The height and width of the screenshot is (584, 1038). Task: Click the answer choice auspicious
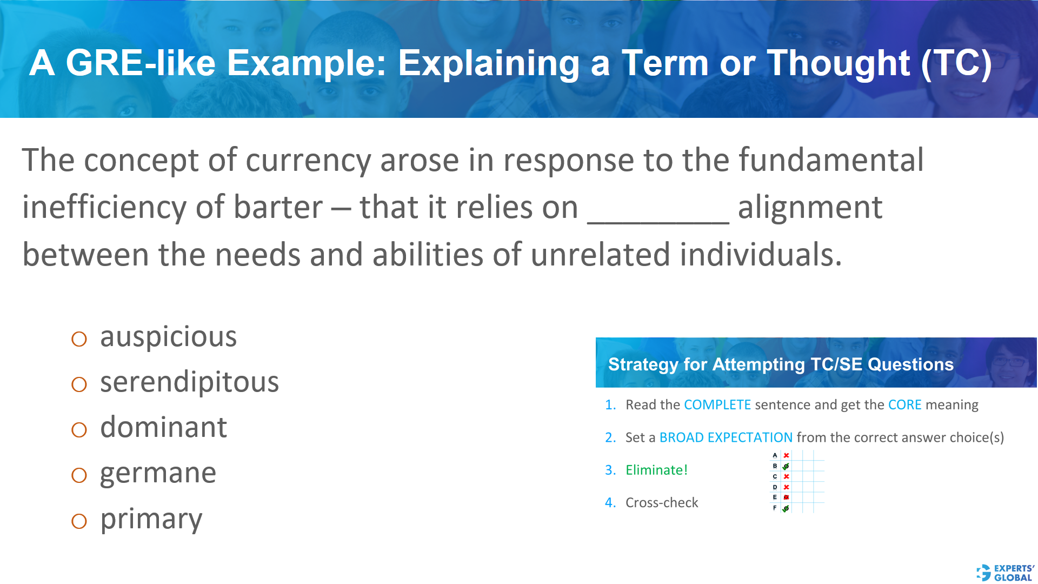[168, 337]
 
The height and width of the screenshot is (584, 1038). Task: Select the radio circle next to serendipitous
[79, 384]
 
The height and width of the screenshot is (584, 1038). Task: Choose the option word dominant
[163, 428]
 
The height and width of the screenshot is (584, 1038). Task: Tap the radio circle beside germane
[79, 475]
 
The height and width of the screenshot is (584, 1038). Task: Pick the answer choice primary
[151, 519]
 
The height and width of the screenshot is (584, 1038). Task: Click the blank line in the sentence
[658, 216]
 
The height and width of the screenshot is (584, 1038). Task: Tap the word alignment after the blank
[810, 208]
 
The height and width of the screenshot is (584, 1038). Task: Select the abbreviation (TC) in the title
[956, 63]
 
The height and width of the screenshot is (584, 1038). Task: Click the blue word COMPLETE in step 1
[717, 405]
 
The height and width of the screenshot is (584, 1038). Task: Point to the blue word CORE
[904, 405]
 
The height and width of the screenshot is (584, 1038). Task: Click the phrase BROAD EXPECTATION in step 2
[726, 437]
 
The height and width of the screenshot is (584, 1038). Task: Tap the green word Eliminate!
[656, 470]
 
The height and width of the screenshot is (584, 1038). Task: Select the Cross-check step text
[662, 503]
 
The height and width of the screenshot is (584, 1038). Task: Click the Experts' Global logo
[1006, 573]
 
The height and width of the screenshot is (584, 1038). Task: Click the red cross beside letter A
[787, 455]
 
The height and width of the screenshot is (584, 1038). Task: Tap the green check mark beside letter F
[786, 508]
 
